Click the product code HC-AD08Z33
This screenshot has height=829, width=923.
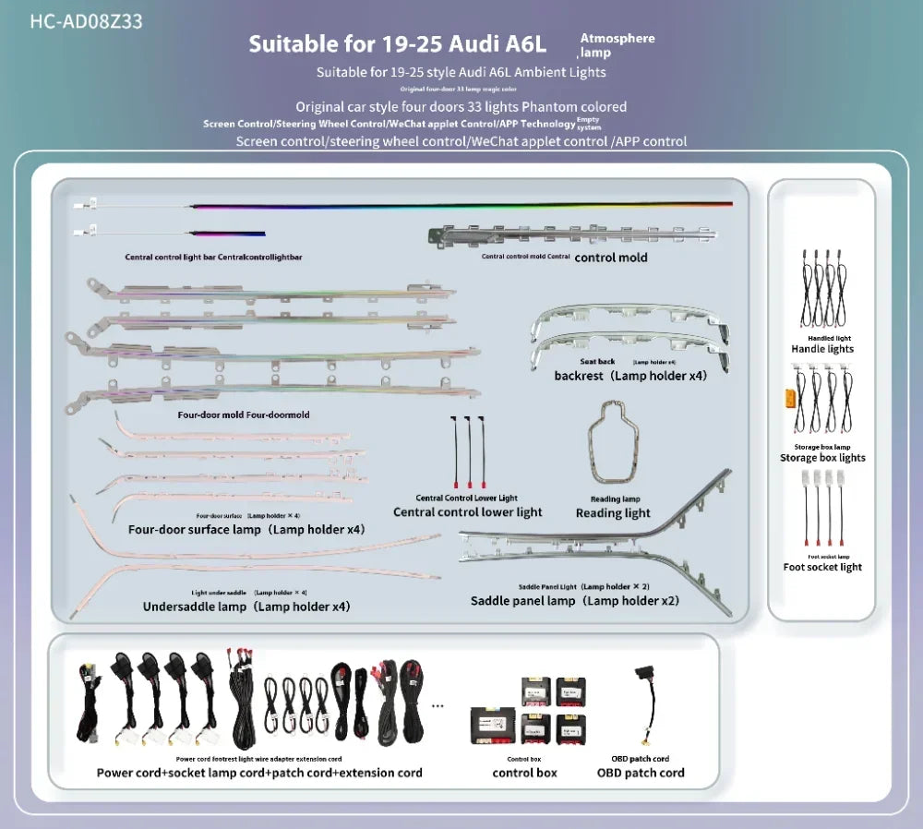point(86,21)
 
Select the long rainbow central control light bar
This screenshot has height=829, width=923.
point(461,204)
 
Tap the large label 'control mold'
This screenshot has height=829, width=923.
point(611,258)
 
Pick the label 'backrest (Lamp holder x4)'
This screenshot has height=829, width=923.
point(630,376)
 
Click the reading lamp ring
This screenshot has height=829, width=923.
point(614,442)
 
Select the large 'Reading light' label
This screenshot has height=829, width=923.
point(613,513)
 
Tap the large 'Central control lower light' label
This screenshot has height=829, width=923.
point(468,512)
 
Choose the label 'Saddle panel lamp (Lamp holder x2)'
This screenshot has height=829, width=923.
point(574,601)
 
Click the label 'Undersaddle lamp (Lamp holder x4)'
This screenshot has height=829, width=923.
point(246,607)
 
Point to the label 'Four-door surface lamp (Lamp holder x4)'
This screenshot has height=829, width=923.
point(246,530)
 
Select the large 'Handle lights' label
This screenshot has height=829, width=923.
point(822,349)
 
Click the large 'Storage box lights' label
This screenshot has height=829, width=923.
point(822,458)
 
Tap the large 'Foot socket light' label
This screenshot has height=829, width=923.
point(822,567)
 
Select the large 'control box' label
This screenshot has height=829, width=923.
point(524,773)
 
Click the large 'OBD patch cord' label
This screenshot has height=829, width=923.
point(641,773)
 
